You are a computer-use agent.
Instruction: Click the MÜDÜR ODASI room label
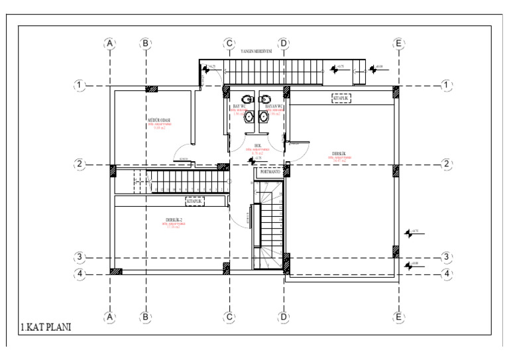coord(159,120)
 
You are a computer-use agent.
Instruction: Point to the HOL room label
coord(258,146)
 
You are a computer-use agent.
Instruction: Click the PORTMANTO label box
coord(270,172)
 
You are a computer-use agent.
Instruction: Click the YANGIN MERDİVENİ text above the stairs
coord(258,51)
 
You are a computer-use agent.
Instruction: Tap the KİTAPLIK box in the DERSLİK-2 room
coord(195,200)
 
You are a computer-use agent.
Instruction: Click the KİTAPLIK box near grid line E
coord(341,98)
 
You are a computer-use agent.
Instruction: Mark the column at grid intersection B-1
coord(152,89)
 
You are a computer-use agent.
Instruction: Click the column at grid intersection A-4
coord(116,270)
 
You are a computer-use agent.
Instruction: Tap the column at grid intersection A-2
coord(113,170)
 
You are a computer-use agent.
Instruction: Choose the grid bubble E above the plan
coord(398,44)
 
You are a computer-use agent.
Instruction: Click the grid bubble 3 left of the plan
coord(80,258)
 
